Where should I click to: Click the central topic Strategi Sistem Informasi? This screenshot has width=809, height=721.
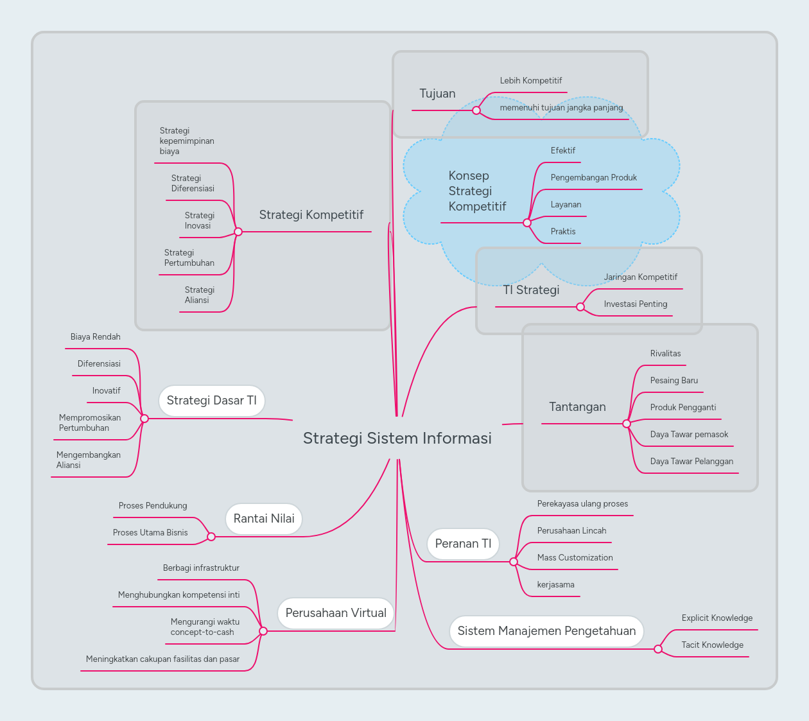coord(397,439)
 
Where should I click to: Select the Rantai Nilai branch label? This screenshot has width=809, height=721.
coord(264,519)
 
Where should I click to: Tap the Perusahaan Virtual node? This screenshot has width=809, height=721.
coord(336,613)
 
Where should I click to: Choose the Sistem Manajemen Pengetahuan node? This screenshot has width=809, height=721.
coord(546,631)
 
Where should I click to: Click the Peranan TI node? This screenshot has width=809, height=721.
coord(463,544)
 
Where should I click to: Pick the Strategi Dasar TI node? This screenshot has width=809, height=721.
coord(211,401)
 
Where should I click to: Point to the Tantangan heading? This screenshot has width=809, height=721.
coord(577,407)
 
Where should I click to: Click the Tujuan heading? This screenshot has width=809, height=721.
coord(437,94)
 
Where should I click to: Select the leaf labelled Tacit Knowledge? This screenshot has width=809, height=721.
coord(712,645)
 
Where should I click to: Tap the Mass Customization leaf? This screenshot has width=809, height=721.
coord(575,558)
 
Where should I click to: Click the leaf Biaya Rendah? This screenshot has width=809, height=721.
coord(95,337)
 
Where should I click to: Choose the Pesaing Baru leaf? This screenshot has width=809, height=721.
coord(674,381)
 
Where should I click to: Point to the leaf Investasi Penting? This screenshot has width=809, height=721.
coord(635,304)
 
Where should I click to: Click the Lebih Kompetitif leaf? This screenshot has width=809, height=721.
coord(530,81)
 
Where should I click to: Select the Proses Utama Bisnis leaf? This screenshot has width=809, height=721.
coord(150,533)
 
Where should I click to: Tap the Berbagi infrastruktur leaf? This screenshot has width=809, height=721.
coord(201,568)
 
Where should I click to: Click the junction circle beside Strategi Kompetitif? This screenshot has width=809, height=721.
coord(238,232)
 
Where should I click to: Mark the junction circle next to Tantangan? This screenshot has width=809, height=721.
coord(627,424)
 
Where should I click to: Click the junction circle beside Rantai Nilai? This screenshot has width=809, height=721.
coord(211,537)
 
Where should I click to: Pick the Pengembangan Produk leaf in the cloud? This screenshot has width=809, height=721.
coord(593,178)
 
